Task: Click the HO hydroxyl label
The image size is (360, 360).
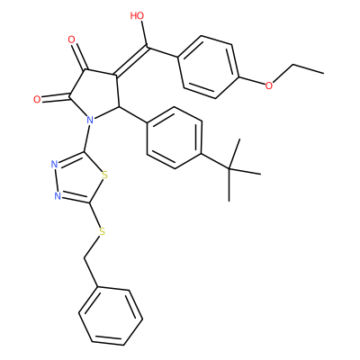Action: click(x=137, y=15)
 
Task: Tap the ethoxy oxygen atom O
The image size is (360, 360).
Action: click(x=269, y=85)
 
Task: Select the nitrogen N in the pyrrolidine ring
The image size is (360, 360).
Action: click(x=90, y=121)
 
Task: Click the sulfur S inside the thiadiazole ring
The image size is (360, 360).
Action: click(x=104, y=175)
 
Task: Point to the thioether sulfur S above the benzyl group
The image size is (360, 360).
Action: click(x=102, y=231)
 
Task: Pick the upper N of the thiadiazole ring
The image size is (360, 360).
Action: click(x=54, y=164)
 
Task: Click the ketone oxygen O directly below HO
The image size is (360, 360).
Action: click(x=71, y=40)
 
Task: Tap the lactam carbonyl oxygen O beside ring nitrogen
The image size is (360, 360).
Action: click(x=37, y=100)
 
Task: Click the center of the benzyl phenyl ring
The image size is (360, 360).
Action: click(x=111, y=317)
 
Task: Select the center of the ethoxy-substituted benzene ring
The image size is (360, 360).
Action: click(x=209, y=67)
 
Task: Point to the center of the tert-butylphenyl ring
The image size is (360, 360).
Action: click(x=175, y=138)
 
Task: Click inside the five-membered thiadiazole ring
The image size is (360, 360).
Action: click(x=79, y=179)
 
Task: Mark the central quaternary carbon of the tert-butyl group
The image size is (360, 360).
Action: click(x=229, y=170)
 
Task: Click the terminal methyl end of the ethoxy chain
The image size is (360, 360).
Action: click(x=323, y=73)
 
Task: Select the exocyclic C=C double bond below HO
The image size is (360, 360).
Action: click(x=131, y=60)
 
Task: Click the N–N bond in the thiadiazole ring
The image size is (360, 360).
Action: click(x=56, y=180)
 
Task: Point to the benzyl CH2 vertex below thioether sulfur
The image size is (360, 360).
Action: click(x=85, y=258)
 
